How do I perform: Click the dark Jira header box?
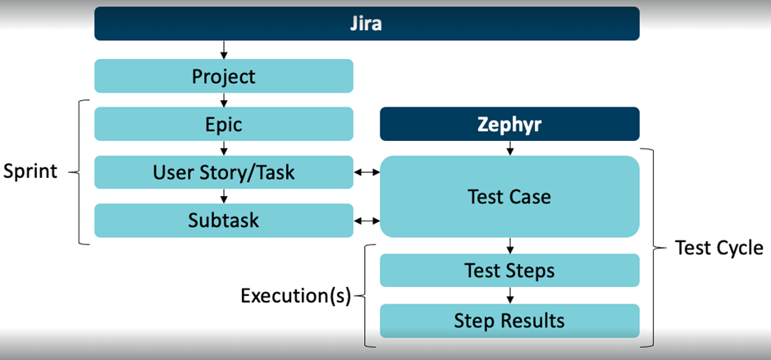click(367, 24)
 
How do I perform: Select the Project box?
click(224, 76)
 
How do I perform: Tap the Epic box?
click(224, 125)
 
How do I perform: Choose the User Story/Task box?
click(224, 172)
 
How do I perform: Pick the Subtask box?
click(224, 221)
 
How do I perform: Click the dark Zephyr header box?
click(509, 125)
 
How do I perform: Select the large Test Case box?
click(509, 197)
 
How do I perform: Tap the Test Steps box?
click(509, 270)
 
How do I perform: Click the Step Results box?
click(509, 320)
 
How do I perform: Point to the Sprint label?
click(30, 173)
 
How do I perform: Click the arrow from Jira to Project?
click(224, 50)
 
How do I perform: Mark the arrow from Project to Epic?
click(224, 100)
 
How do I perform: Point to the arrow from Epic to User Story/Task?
click(224, 148)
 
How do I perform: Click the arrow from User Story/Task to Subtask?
click(224, 197)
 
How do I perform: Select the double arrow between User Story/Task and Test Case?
click(367, 172)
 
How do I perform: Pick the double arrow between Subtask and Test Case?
click(367, 221)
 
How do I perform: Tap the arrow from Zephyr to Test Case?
click(509, 148)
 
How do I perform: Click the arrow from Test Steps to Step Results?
click(509, 295)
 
